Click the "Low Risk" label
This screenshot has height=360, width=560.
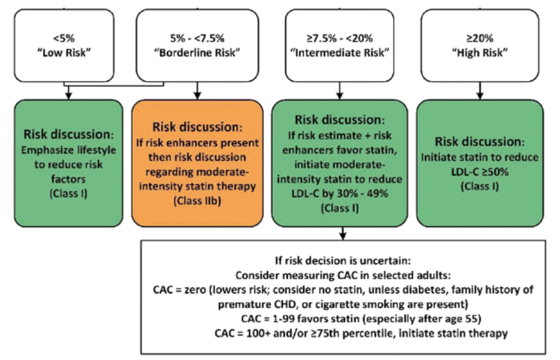point(64,53)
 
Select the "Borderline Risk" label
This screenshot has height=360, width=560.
point(197,53)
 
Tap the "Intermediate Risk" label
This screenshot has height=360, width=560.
point(340,53)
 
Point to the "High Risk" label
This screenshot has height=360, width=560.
point(480,53)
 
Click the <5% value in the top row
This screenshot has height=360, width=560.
point(64,38)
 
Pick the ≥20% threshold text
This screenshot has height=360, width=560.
point(480,38)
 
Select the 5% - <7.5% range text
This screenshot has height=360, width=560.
point(197,38)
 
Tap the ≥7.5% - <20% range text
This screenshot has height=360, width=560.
point(340,38)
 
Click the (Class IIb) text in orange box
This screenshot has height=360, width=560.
point(198,201)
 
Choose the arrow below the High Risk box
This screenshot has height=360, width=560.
point(480,91)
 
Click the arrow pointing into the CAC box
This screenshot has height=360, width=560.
point(343,233)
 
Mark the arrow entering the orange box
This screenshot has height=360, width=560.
point(198,91)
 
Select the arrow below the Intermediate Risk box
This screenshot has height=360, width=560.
point(340,91)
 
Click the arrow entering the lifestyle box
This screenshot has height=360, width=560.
point(69,92)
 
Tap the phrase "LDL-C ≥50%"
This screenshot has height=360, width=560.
point(480,172)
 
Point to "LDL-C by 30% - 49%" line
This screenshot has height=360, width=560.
point(340,194)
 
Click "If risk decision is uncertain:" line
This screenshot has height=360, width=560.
point(343,260)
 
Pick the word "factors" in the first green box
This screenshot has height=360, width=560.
point(69,179)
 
